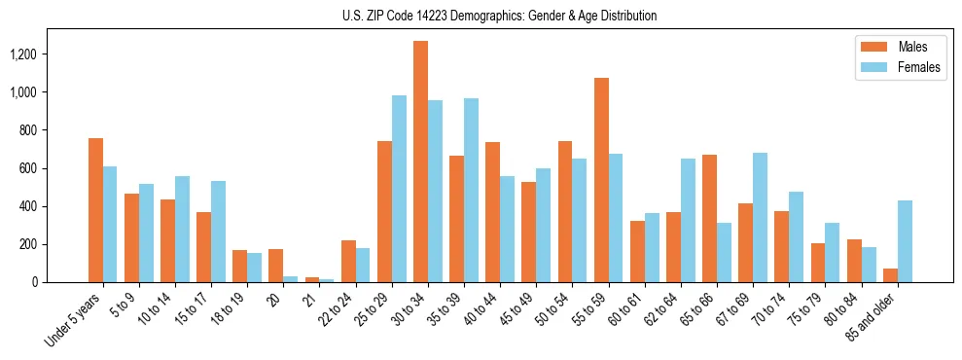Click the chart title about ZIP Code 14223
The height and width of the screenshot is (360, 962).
[499, 16]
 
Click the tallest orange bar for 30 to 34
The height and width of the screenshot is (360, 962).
[420, 162]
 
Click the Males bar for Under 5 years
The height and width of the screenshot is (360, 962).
[95, 210]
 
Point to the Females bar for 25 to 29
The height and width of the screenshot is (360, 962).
[399, 189]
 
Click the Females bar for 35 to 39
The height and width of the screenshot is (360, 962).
[471, 190]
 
